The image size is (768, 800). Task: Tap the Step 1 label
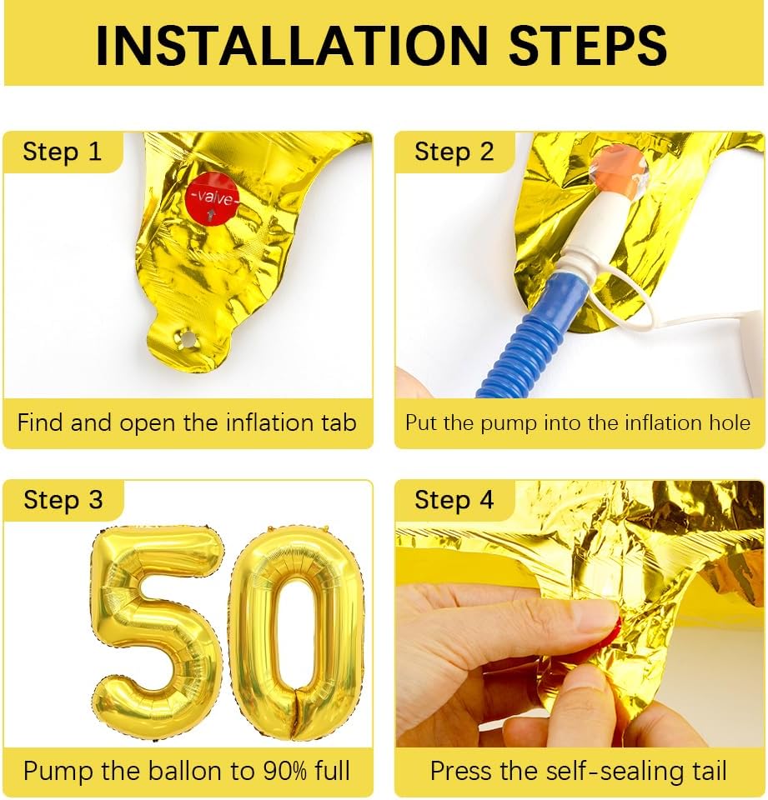click(62, 152)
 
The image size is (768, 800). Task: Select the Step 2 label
click(454, 152)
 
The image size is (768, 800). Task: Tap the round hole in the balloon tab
click(188, 338)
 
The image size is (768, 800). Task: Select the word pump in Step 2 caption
click(502, 422)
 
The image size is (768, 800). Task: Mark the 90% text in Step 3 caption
click(258, 771)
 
